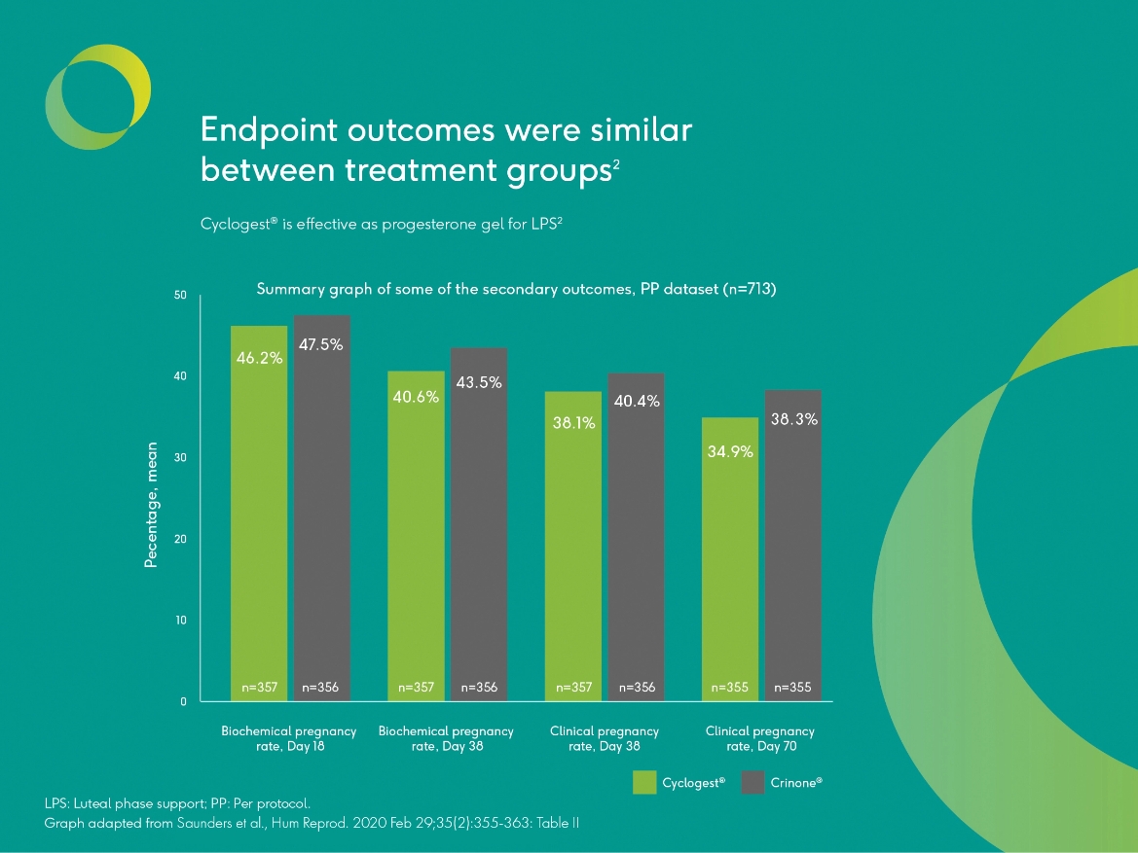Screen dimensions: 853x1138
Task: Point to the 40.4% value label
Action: click(638, 401)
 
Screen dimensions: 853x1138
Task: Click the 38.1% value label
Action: click(572, 423)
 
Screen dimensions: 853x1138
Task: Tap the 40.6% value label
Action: click(416, 397)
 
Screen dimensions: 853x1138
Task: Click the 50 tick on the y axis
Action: click(181, 294)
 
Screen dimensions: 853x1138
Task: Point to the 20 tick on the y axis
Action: click(181, 539)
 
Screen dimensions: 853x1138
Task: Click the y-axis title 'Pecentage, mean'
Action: click(151, 505)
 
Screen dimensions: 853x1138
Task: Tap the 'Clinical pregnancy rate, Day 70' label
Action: click(759, 738)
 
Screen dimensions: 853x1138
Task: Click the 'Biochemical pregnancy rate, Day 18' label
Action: click(288, 738)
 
